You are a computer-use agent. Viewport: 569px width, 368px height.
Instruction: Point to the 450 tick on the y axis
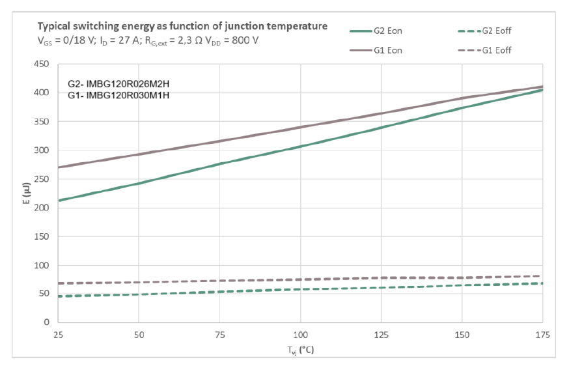(x=42, y=64)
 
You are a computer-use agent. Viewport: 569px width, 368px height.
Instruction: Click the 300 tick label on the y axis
(x=42, y=150)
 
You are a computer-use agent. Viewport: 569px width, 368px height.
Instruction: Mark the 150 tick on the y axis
(x=42, y=236)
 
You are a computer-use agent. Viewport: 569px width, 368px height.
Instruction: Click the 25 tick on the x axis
(x=58, y=335)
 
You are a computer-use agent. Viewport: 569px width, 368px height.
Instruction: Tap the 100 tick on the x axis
(x=300, y=335)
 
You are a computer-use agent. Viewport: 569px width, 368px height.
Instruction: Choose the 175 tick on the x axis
(x=542, y=335)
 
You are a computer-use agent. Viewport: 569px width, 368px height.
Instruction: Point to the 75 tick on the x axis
(x=219, y=335)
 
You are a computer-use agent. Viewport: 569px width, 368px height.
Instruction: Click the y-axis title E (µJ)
(x=24, y=193)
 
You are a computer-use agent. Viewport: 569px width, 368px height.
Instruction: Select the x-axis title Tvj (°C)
(x=300, y=350)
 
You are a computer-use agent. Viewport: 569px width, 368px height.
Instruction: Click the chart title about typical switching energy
(x=182, y=26)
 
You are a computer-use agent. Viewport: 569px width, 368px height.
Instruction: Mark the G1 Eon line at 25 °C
(x=59, y=167)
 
